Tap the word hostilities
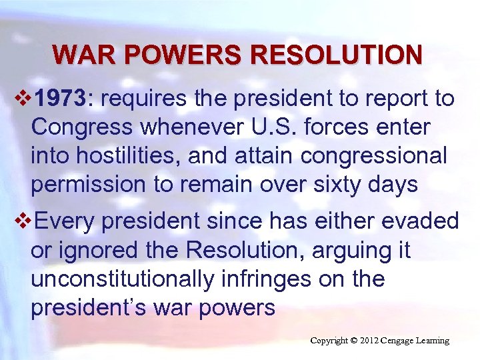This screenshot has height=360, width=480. point(127,155)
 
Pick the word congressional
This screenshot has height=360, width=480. point(374,155)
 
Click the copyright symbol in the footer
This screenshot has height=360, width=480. point(354,341)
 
